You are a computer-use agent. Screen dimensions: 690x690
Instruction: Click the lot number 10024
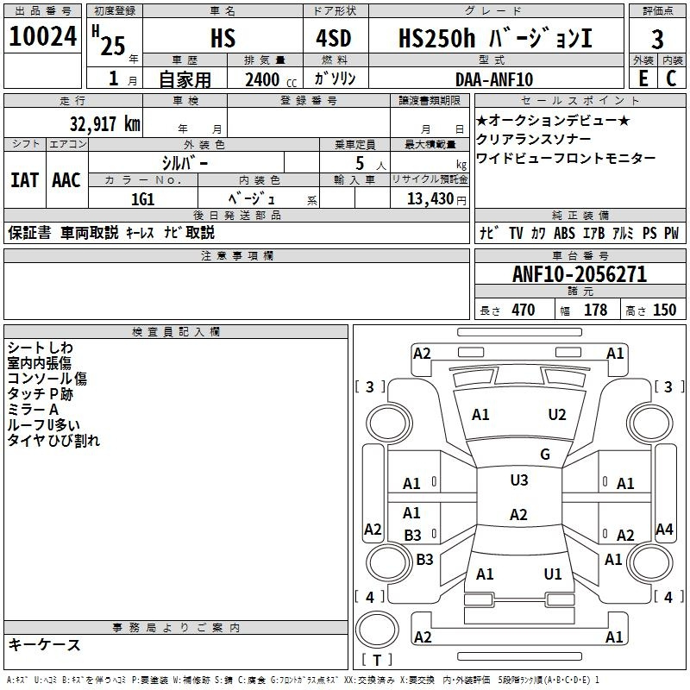click(43, 37)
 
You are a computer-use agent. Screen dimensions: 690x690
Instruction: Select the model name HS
click(223, 39)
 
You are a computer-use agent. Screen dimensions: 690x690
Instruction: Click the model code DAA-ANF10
click(494, 79)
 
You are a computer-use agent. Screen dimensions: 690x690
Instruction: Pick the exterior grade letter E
click(643, 78)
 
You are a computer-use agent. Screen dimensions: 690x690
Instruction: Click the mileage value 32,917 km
click(104, 123)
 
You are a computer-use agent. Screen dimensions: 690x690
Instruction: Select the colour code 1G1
click(142, 198)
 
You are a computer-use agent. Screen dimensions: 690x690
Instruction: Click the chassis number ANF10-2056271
click(579, 274)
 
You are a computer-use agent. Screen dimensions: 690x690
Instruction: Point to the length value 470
click(523, 310)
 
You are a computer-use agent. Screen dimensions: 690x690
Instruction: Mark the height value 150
click(664, 310)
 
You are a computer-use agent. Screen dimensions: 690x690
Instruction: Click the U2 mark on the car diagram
click(557, 415)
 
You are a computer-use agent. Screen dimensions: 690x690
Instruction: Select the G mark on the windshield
click(545, 455)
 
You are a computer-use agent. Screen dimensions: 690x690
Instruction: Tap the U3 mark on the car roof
click(519, 480)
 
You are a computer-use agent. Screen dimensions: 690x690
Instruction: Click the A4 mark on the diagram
click(664, 530)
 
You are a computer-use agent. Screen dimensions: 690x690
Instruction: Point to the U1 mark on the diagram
click(553, 574)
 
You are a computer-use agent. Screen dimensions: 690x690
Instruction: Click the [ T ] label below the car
click(378, 660)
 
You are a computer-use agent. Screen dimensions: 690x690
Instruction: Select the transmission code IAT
click(24, 180)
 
